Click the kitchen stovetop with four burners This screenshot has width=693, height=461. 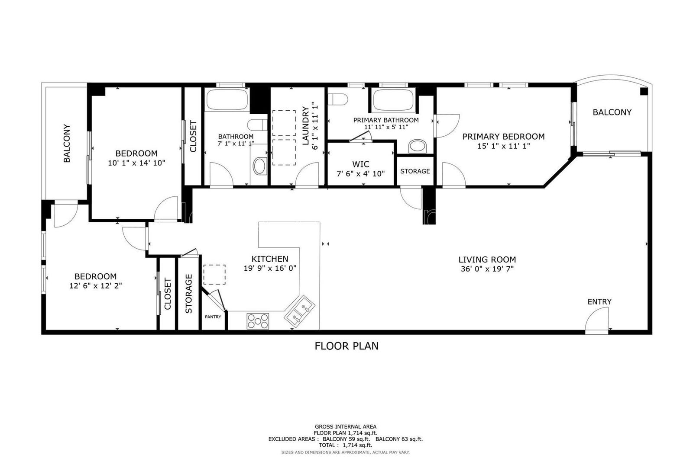[x=258, y=321]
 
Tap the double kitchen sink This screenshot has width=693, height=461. [x=299, y=310]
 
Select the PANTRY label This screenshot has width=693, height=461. [x=213, y=317]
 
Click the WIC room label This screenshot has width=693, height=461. [x=360, y=164]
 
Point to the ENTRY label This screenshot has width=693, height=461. [x=599, y=301]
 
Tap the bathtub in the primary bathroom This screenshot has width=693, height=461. [x=393, y=99]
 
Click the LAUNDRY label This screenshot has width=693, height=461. [x=306, y=126]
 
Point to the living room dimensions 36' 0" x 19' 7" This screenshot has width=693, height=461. [x=487, y=269]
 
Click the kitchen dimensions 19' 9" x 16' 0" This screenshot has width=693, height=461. [x=270, y=268]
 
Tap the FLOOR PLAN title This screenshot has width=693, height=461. [x=346, y=346]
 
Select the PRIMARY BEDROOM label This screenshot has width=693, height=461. [x=503, y=137]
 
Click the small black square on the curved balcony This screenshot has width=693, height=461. [x=644, y=91]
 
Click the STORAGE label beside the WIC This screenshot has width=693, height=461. [x=415, y=171]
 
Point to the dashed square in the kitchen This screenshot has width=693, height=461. [x=214, y=274]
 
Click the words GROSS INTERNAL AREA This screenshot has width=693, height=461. [x=346, y=427]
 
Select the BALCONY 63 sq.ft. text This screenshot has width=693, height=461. [x=399, y=439]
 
